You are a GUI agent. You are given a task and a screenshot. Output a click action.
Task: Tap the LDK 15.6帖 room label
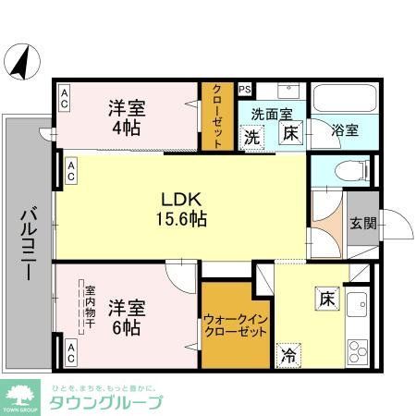pos(182,210)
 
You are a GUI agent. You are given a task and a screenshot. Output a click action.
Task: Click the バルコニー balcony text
pos(28,242)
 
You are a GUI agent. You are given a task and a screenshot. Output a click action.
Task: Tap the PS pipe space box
pos(245,90)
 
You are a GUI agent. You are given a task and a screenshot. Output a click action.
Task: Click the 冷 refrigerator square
pos(288,353)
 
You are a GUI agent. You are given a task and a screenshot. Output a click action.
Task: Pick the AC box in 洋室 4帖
pos(66,98)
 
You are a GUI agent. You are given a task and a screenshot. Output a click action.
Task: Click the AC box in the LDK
pos(70,171)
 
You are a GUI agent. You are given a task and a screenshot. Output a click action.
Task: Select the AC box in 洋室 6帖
pos(70,350)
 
